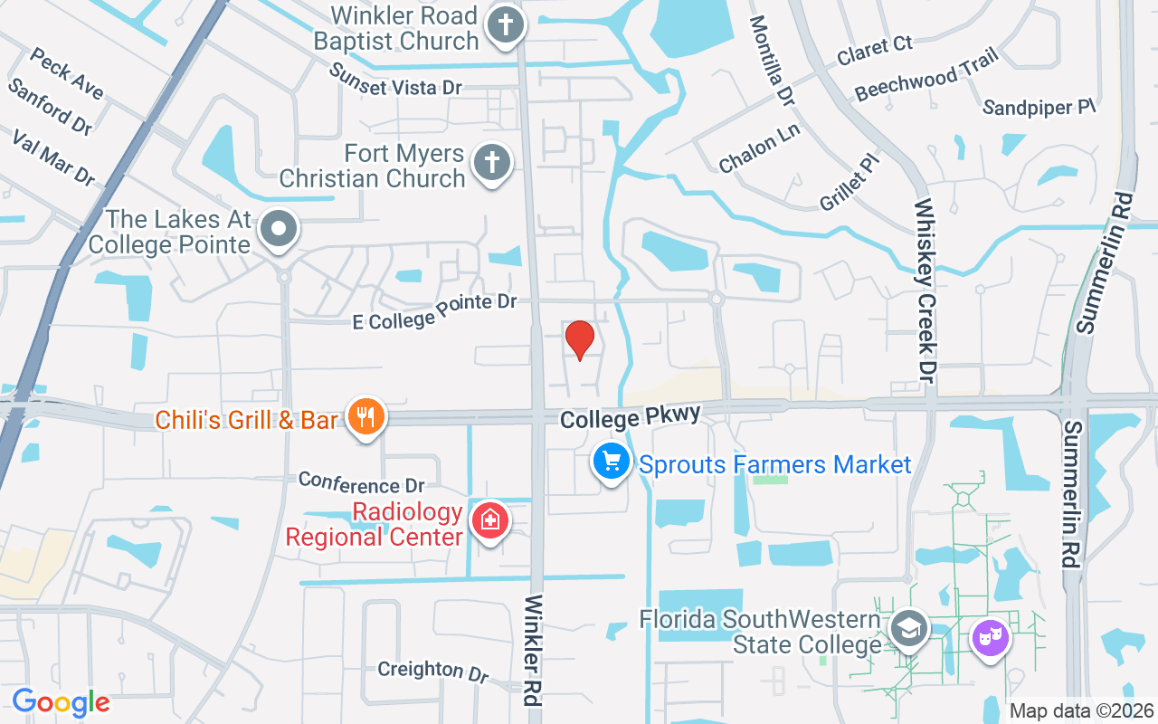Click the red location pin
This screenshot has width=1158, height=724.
coord(579,340)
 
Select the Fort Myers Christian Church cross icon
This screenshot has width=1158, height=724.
coord(491,164)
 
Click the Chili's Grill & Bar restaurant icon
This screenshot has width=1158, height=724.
coord(365,417)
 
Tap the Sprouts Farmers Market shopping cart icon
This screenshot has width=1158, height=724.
coord(612,462)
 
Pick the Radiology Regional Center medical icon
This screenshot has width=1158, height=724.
coord(489,521)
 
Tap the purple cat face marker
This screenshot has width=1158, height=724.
coord(990,638)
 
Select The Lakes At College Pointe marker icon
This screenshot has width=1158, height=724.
coord(279,229)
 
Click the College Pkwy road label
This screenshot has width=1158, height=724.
coord(630,417)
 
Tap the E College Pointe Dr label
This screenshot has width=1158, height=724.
coord(434,310)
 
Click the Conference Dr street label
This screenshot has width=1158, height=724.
coord(361,481)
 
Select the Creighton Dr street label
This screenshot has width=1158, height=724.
coord(432,670)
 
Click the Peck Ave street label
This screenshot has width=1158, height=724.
coord(66,74)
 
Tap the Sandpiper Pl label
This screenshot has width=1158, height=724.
coord(1039,108)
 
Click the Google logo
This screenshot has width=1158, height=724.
coord(61,702)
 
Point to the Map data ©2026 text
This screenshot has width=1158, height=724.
coord(1081,710)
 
